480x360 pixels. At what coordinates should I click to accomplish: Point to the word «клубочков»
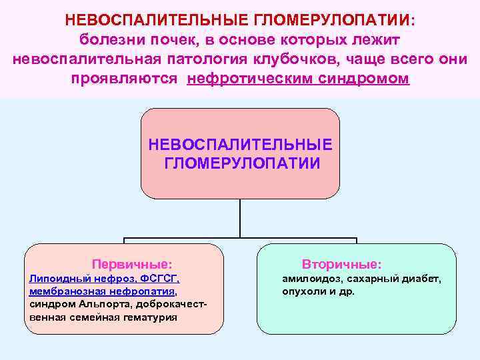click(299, 59)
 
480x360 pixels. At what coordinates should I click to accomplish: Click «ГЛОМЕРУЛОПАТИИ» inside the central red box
click(241, 163)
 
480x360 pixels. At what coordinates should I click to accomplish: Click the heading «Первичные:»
click(131, 264)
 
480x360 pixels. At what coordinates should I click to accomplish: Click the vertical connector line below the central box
click(240, 218)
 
